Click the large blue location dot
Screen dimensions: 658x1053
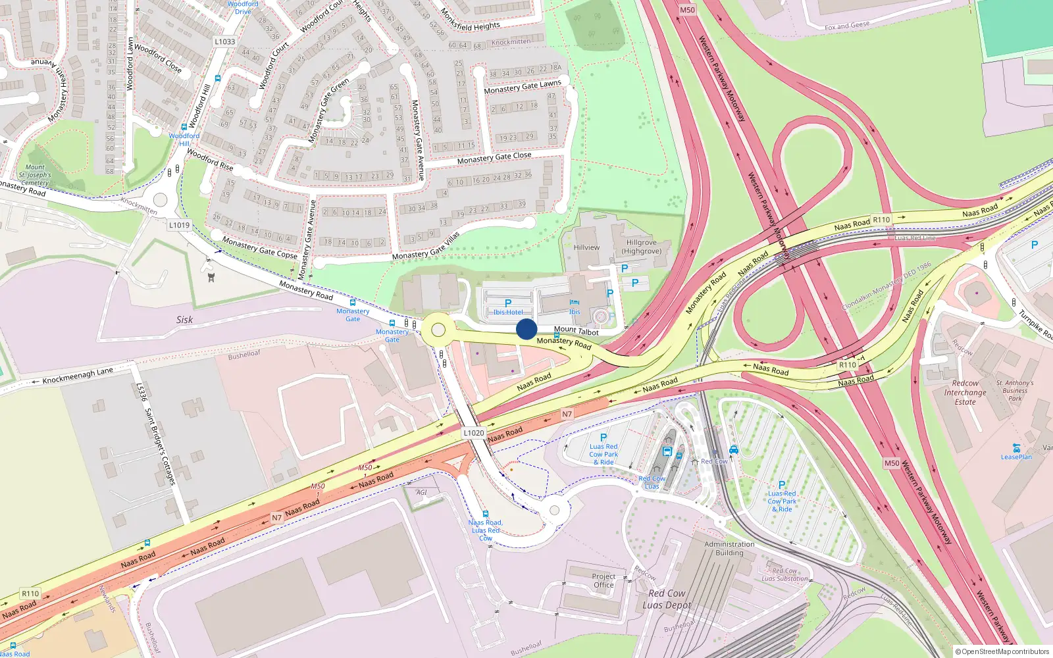(x=526, y=329)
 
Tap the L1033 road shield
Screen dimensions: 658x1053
(x=224, y=41)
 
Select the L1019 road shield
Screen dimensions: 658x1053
(x=179, y=225)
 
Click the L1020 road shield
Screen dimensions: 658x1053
(x=474, y=433)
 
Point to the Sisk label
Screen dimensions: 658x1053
(x=184, y=320)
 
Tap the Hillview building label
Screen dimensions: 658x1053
(x=586, y=247)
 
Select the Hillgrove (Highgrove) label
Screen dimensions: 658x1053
(x=642, y=247)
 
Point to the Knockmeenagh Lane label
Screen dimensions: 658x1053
(x=78, y=376)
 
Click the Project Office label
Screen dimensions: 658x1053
(x=604, y=580)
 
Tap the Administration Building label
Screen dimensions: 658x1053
(x=729, y=549)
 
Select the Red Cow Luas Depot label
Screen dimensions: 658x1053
(x=667, y=599)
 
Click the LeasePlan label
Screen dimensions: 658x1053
(x=1016, y=457)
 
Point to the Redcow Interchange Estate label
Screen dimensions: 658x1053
(x=965, y=392)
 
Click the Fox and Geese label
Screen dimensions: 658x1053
(x=847, y=26)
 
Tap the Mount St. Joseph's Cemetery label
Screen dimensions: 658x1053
(x=35, y=175)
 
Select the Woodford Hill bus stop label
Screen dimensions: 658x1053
(x=184, y=139)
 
